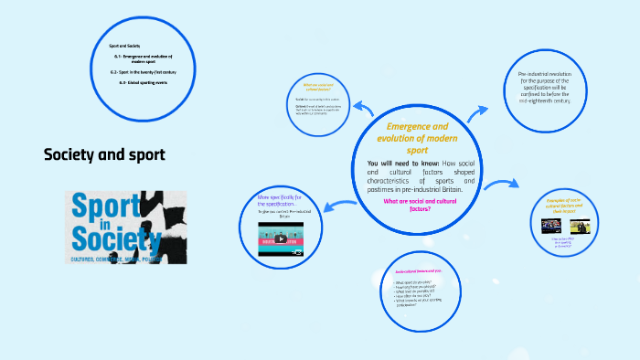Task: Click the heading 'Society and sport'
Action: tap(105, 154)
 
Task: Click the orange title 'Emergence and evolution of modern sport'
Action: tap(417, 137)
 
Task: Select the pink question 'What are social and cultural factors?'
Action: tap(417, 205)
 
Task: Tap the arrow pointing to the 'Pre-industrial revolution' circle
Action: tap(478, 113)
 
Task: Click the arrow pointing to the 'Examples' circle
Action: tap(496, 187)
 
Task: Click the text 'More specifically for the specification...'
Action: tap(286, 200)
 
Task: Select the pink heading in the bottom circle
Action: tap(418, 271)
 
